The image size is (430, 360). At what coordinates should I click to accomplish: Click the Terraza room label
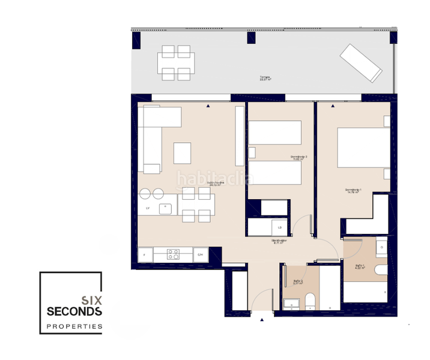[265, 78]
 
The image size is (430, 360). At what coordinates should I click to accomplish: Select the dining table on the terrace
[176, 62]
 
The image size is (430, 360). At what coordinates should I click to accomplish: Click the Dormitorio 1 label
[353, 191]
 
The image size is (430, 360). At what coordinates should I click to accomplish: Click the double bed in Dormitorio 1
[360, 147]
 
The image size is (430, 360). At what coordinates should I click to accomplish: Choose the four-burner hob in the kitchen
[173, 254]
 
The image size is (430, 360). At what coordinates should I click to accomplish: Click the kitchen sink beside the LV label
[165, 209]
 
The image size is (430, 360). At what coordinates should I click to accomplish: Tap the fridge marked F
[145, 255]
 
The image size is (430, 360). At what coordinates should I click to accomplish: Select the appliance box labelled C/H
[201, 255]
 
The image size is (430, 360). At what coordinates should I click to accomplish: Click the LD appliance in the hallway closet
[279, 227]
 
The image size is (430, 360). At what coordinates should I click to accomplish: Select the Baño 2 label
[298, 281]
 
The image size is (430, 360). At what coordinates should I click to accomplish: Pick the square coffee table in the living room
[182, 153]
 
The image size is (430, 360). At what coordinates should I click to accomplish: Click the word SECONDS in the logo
[74, 312]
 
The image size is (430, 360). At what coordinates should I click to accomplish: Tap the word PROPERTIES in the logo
[74, 327]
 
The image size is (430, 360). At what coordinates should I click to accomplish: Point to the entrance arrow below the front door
[262, 320]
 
